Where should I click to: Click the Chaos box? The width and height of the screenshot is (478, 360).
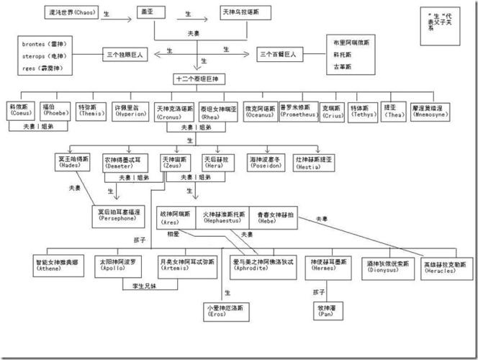coord(74,14)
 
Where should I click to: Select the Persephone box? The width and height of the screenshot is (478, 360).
coord(119,215)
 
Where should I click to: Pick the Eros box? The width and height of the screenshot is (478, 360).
coord(227,311)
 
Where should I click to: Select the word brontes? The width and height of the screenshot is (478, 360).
coord(34,45)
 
